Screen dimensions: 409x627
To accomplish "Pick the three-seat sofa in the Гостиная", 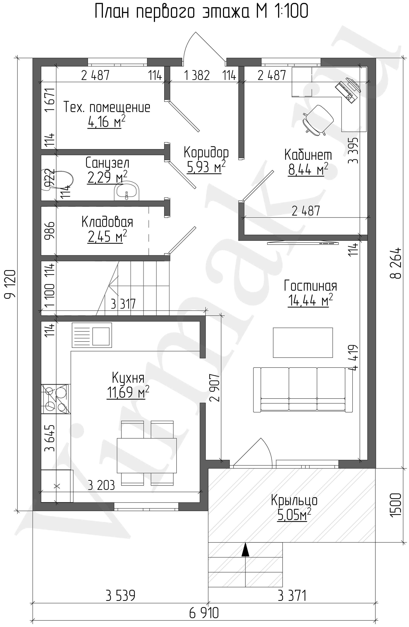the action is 303,390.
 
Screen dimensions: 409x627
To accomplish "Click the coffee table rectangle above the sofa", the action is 303,342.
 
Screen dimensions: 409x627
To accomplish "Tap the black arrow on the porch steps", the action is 245,549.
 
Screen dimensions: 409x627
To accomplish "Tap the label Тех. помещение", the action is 107,107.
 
